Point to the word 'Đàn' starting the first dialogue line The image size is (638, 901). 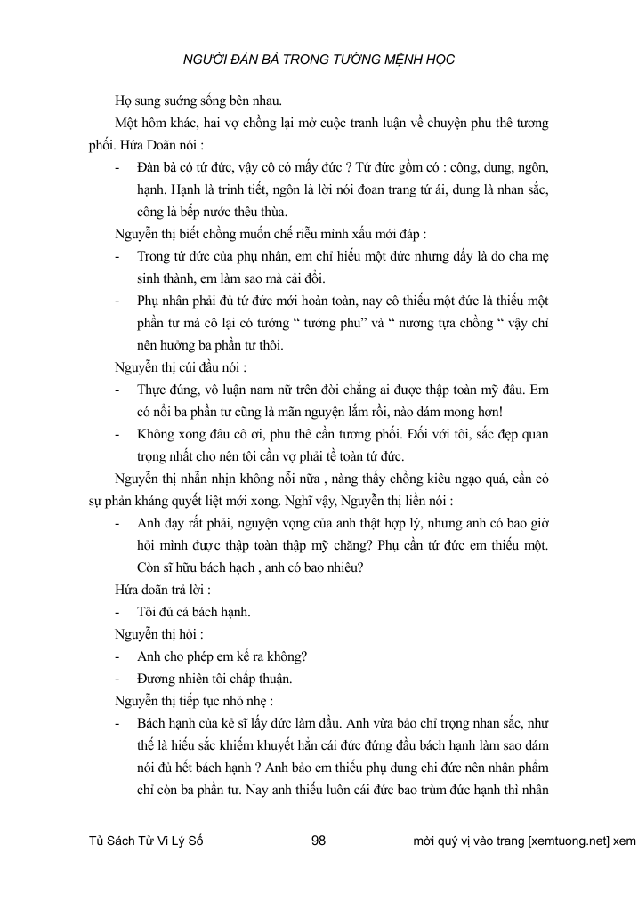point(149,167)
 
